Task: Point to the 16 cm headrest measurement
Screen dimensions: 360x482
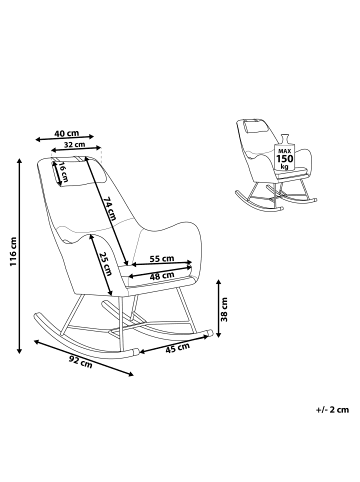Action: (64, 170)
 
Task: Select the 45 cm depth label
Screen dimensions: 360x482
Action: (178, 349)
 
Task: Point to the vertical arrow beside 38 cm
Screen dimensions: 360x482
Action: (212, 312)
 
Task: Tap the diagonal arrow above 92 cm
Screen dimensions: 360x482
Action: (85, 355)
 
